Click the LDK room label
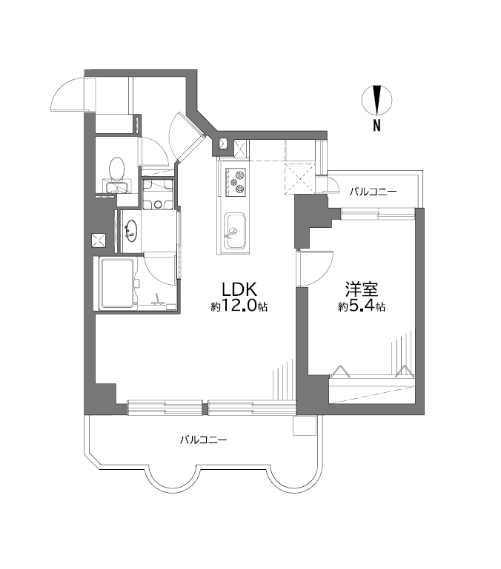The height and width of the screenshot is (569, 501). click(239, 289)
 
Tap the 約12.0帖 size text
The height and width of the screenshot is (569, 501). click(239, 306)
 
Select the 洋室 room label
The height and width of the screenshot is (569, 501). click(362, 289)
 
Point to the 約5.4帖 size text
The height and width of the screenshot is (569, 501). click(362, 306)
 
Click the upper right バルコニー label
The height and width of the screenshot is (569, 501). click(373, 191)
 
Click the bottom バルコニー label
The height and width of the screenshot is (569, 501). click(204, 440)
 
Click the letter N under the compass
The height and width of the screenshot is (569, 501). click(377, 126)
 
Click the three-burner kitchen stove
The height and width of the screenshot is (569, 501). click(236, 181)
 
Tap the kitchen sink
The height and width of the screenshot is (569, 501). click(235, 231)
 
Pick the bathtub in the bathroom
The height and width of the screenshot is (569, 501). click(118, 283)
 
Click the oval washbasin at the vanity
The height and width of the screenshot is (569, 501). click(131, 231)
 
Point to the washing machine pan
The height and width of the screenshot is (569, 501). click(157, 195)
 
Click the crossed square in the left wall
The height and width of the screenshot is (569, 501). click(98, 240)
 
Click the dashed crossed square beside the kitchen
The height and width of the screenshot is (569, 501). click(299, 178)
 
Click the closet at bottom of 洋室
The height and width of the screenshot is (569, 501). click(371, 391)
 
